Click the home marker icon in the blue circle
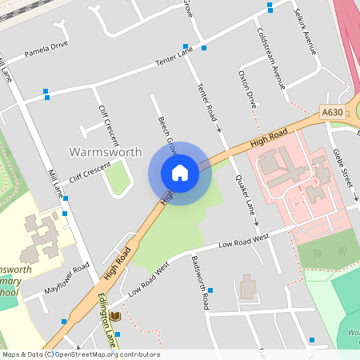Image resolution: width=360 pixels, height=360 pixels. (x=180, y=173)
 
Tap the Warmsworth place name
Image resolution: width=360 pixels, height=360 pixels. (x=106, y=151)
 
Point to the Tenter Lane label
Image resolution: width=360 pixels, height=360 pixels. (x=174, y=58)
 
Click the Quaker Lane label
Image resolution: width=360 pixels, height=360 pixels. (x=245, y=197)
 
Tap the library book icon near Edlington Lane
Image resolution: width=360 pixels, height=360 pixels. (x=115, y=317)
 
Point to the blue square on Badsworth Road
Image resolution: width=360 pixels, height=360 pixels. (x=210, y=290)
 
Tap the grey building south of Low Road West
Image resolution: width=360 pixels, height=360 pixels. (x=247, y=287)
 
